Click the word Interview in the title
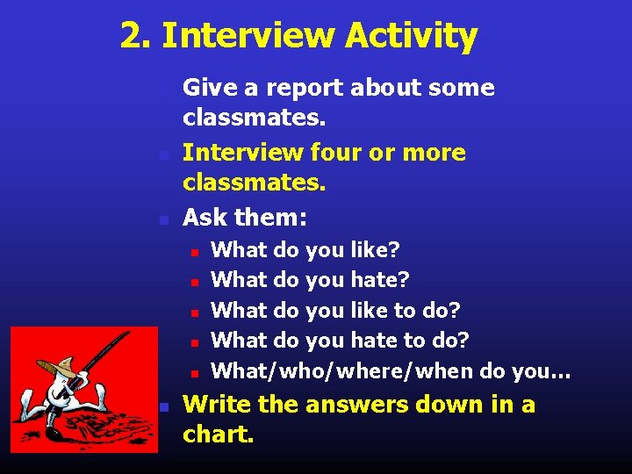pyautogui.click(x=248, y=37)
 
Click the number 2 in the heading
pyautogui.click(x=132, y=37)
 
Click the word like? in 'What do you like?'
pyautogui.click(x=376, y=250)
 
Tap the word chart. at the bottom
pyautogui.click(x=219, y=434)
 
